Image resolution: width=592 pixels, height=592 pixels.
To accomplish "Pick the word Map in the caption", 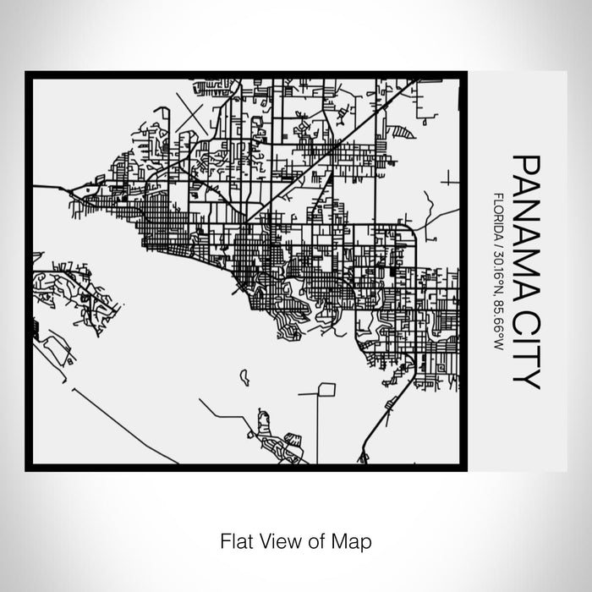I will point(354,539).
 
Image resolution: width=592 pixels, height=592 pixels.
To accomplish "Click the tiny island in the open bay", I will point(244,375).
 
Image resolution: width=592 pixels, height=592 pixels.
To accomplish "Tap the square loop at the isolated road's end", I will point(326,390).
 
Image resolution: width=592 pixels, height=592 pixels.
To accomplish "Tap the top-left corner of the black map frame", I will point(28,74).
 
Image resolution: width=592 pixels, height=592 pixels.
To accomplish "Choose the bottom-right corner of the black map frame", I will point(463,468).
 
